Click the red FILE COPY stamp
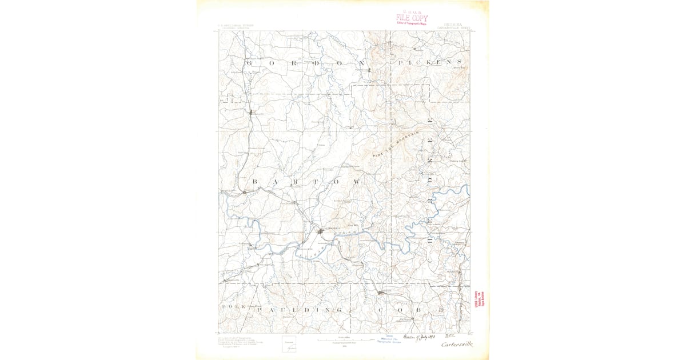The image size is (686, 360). tap(411, 18)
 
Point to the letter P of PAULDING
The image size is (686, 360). tap(260, 309)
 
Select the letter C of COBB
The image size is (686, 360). tap(380, 309)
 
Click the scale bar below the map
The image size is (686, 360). tap(345, 340)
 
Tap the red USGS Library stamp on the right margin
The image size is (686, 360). tap(479, 303)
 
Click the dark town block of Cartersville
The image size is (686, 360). tap(322, 231)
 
